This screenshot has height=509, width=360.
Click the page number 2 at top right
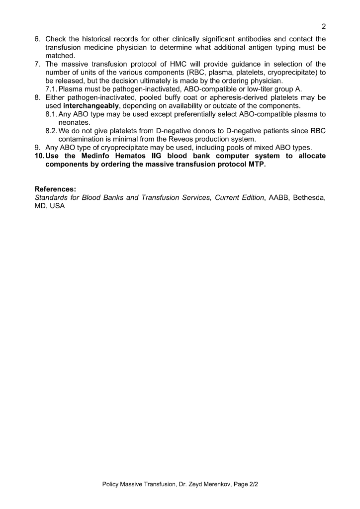[323, 26]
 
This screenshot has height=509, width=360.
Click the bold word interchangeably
[91, 106]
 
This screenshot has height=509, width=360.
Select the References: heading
[55, 189]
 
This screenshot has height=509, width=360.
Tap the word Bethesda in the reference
[309, 197]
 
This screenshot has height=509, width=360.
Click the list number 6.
[37, 39]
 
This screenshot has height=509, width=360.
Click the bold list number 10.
[39, 156]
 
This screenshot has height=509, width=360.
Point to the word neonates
[74, 122]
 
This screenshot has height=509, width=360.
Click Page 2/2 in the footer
[247, 483]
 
